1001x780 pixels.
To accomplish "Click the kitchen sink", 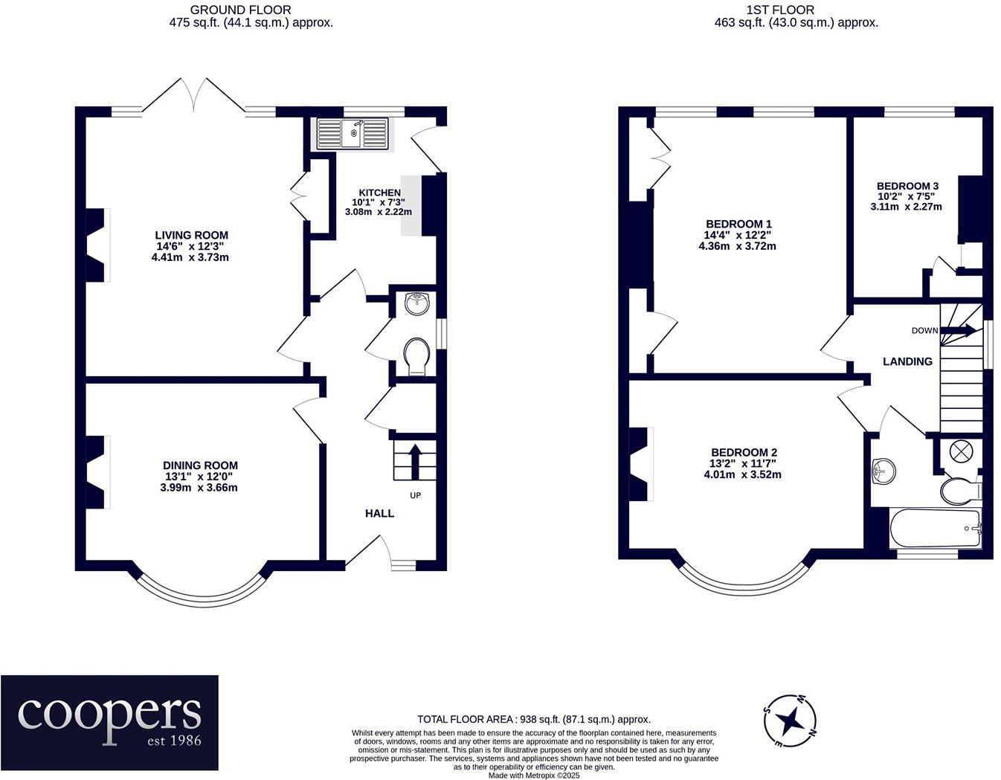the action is click(x=353, y=134).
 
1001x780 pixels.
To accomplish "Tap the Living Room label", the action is click(x=191, y=235).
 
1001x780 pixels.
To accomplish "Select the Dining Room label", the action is click(x=200, y=465).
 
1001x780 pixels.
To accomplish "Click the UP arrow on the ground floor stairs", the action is click(x=415, y=461).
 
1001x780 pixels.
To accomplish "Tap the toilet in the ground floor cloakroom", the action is click(x=417, y=357).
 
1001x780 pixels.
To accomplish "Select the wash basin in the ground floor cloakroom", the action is click(x=417, y=303).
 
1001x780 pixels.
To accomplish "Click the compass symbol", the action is click(x=791, y=720).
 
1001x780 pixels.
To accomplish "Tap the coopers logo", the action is click(x=109, y=724).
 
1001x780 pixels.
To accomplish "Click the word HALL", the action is click(x=379, y=513).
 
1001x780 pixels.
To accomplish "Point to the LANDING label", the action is click(x=907, y=361).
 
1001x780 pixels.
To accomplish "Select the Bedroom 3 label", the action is click(x=907, y=186).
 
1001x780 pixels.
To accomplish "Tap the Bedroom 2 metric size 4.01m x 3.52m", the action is click(x=743, y=474).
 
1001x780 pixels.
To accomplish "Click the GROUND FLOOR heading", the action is click(x=240, y=10).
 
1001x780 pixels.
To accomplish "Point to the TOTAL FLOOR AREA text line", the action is click(x=534, y=719).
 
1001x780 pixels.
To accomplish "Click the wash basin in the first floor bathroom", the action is click(x=883, y=471).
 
